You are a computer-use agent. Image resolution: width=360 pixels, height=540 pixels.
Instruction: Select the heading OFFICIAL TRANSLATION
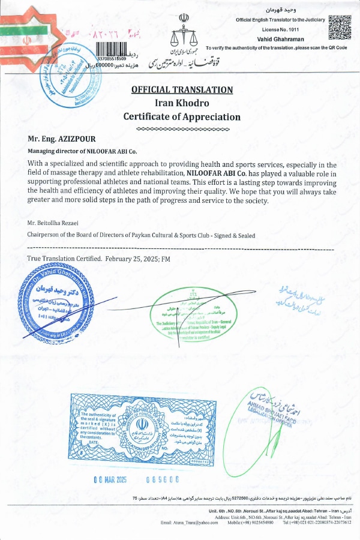coord(182,90)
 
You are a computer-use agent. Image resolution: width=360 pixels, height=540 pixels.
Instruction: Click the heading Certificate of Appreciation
coord(182,117)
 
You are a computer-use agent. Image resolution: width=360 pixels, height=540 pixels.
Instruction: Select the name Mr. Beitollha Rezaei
coord(55,223)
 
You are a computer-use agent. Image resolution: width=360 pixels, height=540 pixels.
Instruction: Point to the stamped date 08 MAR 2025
coord(115,479)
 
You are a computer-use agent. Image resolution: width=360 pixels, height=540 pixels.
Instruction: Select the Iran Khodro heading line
coord(182,103)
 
